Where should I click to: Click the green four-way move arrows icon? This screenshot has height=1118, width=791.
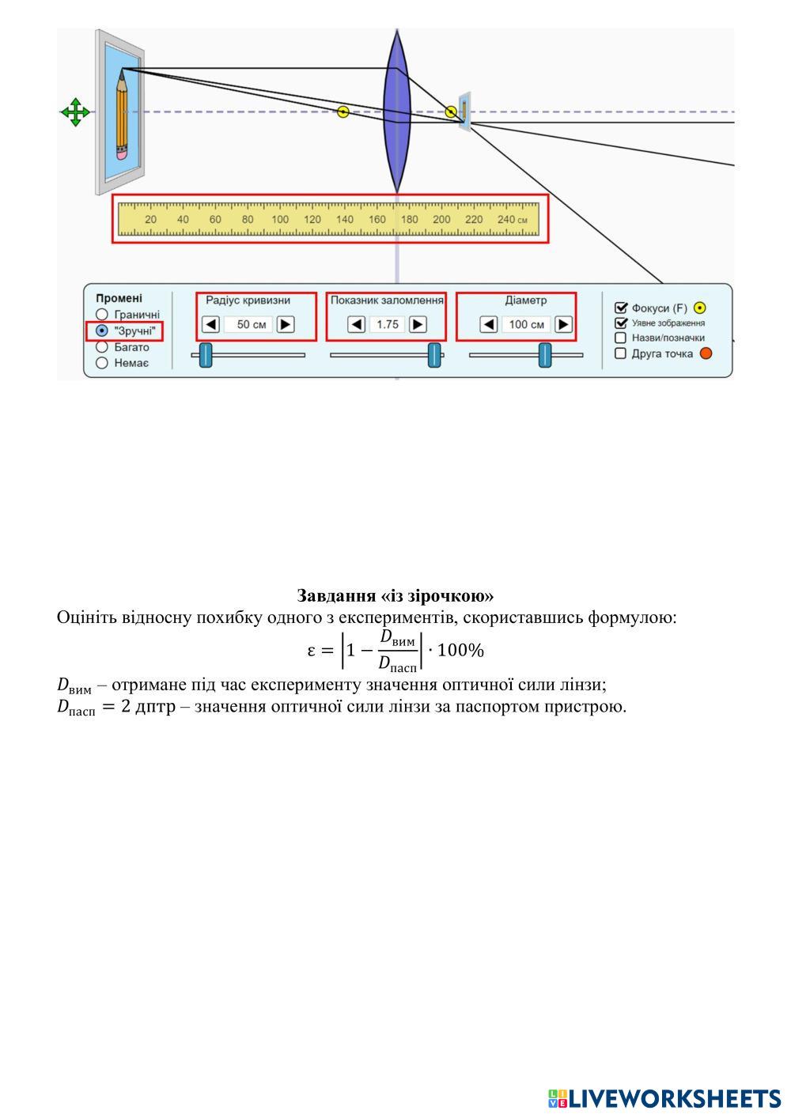(x=75, y=112)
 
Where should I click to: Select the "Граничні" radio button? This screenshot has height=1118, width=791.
(x=102, y=315)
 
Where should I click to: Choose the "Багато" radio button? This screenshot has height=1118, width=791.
(x=102, y=347)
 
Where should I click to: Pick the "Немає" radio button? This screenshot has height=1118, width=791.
(x=102, y=363)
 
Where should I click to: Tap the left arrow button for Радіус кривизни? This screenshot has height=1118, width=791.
(x=211, y=324)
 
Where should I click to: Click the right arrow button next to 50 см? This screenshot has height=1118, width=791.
(x=286, y=324)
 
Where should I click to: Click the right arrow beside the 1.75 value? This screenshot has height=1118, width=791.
(x=418, y=324)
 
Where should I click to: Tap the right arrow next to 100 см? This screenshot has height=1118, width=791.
(x=563, y=324)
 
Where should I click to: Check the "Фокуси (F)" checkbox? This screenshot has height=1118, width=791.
(x=621, y=308)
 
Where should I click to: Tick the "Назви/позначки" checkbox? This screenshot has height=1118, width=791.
(x=621, y=338)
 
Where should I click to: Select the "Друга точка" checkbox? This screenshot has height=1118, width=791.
(x=621, y=353)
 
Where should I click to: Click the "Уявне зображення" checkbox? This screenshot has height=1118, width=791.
(x=621, y=323)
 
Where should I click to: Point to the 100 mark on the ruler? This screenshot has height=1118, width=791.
(x=280, y=220)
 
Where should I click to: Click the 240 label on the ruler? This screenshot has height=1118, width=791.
(x=506, y=220)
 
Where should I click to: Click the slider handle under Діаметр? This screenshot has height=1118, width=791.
(x=545, y=355)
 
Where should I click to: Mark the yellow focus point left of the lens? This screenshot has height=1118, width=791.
(x=343, y=112)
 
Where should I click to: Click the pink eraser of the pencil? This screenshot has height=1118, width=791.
(x=122, y=153)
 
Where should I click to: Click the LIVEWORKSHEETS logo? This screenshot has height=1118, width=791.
(x=664, y=1098)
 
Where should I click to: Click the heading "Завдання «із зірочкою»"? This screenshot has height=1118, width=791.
(x=395, y=595)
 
